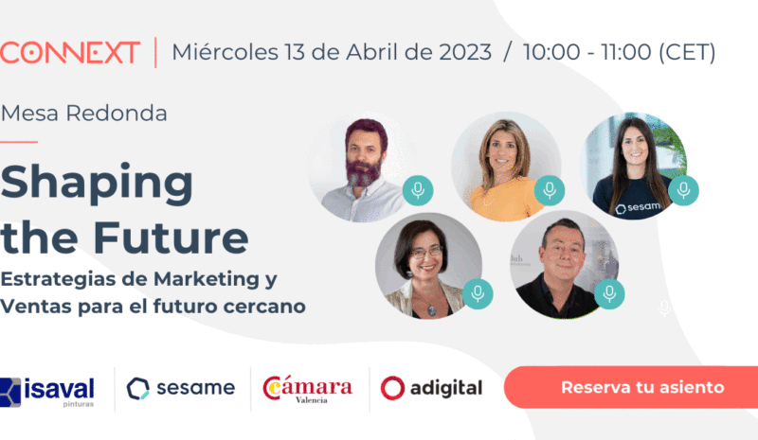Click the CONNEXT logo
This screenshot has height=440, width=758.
tap(70, 52)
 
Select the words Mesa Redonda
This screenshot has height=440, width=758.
tap(84, 114)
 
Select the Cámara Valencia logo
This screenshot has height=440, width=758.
tap(308, 388)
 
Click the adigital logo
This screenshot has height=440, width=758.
tap(431, 388)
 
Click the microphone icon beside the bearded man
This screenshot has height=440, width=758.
tap(416, 190)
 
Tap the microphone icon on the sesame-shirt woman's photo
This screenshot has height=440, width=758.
tap(682, 190)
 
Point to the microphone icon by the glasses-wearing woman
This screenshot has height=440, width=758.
tap(478, 293)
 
